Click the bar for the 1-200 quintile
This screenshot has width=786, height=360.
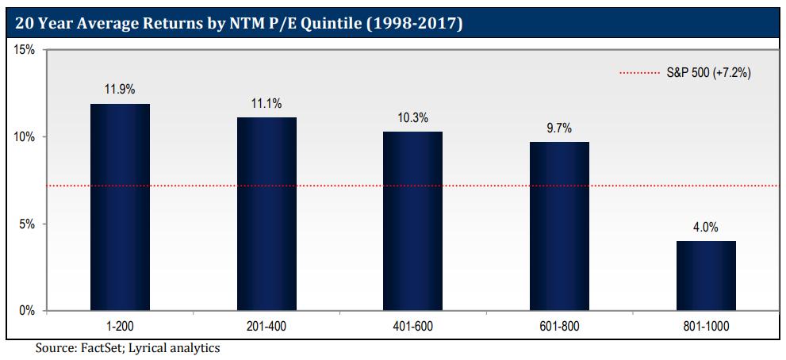[x=121, y=207]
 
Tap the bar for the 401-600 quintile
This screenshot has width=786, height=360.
[x=412, y=221]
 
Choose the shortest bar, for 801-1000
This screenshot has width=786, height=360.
[x=706, y=276]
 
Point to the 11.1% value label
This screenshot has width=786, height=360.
[x=266, y=104]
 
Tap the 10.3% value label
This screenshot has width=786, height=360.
[x=412, y=118]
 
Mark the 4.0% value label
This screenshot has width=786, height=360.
[x=706, y=228]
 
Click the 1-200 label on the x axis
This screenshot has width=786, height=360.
[x=121, y=325]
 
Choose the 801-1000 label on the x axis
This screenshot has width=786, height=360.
[x=706, y=325]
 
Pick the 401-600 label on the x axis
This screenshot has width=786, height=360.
[x=412, y=325]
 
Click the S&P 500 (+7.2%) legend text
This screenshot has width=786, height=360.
[x=704, y=73]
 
